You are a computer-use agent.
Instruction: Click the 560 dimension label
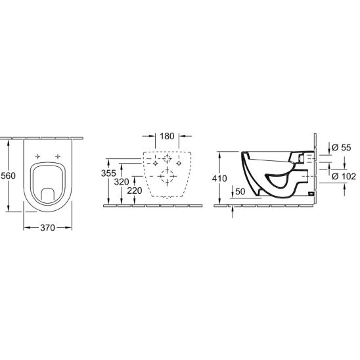(x=9, y=175)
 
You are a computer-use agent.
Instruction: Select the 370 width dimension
(x=47, y=228)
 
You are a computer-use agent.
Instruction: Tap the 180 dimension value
(x=167, y=136)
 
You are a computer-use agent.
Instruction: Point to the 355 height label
(x=108, y=173)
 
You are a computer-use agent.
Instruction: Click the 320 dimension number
(x=122, y=182)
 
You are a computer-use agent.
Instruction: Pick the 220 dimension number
(x=135, y=191)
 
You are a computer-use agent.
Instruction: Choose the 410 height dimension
(x=219, y=178)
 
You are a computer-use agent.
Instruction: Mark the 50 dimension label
(x=240, y=191)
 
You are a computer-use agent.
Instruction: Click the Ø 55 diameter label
(x=342, y=147)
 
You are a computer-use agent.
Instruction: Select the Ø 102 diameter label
(x=344, y=176)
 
